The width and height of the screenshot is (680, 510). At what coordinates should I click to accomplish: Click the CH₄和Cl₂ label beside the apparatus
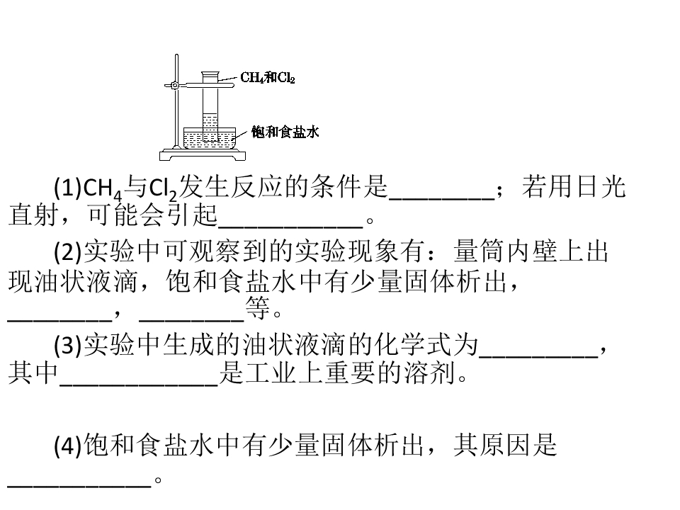point(268,78)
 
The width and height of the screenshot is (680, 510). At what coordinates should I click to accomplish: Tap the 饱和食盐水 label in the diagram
point(285,132)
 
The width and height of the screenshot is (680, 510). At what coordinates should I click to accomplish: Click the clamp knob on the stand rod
point(175,86)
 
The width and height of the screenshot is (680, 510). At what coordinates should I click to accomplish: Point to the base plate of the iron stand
point(203,155)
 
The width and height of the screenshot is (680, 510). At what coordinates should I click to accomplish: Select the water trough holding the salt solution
point(210,138)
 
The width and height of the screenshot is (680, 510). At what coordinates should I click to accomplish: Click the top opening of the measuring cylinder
point(210,73)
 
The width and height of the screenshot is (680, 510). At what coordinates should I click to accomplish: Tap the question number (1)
point(68,187)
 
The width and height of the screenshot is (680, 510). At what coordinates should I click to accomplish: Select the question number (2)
point(68,251)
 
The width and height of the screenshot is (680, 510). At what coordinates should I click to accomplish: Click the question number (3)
point(68,345)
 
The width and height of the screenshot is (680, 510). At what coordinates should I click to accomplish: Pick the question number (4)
point(68,446)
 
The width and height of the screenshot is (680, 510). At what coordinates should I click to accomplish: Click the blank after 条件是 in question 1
point(442,199)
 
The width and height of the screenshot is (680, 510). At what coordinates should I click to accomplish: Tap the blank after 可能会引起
point(290,227)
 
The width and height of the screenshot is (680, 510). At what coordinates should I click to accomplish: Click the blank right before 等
point(191,321)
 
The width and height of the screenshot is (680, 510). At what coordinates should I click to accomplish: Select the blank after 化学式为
point(538,357)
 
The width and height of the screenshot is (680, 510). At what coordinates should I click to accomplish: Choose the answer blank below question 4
point(79,487)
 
